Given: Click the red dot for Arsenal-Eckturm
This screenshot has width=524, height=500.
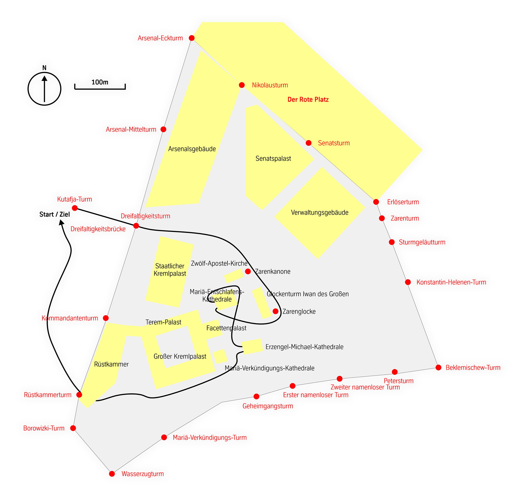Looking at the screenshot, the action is [x=191, y=38].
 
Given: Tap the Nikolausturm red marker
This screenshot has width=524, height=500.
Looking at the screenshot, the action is [x=242, y=85].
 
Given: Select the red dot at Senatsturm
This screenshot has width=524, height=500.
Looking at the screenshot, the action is [x=308, y=143].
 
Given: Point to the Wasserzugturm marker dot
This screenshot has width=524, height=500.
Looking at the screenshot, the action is [x=112, y=474].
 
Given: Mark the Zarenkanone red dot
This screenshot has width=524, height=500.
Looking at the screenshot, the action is [x=248, y=271].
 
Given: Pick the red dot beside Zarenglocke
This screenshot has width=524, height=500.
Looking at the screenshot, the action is [x=276, y=311].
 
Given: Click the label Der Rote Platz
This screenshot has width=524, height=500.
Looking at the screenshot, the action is [x=308, y=100].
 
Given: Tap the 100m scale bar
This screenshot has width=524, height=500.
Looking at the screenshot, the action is [x=100, y=87].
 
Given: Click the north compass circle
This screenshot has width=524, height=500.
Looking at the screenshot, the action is [x=45, y=72].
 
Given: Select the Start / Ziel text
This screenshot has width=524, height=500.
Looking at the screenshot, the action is [x=55, y=214].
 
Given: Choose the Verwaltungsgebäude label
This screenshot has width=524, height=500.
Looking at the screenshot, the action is [x=320, y=212].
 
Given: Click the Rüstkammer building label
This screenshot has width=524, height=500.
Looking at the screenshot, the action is [x=111, y=364].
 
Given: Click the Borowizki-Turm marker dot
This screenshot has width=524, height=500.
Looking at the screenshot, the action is [x=73, y=428].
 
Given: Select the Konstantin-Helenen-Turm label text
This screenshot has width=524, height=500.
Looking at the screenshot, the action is [x=451, y=282].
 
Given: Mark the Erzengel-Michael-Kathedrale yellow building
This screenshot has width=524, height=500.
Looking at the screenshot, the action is [x=252, y=346].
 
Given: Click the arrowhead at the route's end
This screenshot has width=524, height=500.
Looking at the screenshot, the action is [x=61, y=222].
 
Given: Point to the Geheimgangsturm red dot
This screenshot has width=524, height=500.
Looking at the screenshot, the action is [x=256, y=396].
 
